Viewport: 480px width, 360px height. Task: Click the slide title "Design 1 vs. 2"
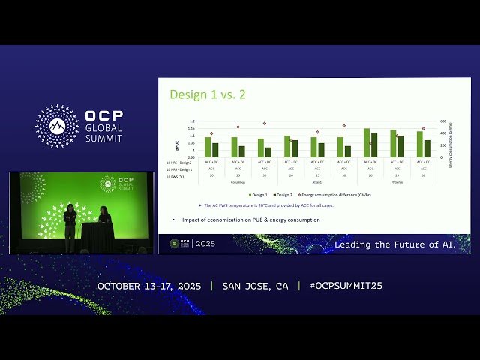[x=208, y=94]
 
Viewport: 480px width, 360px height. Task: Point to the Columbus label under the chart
[x=238, y=181]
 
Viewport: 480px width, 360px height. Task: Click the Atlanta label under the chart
[x=317, y=181]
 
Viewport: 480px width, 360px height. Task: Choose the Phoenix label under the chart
[x=397, y=181]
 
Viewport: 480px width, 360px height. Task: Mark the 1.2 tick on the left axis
[x=191, y=121]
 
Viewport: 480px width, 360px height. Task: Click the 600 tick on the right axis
[x=443, y=121]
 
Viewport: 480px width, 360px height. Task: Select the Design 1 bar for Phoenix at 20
[x=367, y=142]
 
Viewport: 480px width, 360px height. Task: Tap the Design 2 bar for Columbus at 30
[x=268, y=152]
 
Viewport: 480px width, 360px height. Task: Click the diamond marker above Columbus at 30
[x=265, y=124]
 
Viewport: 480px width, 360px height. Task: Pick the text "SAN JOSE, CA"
[x=255, y=286]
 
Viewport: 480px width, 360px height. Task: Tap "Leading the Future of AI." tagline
[x=400, y=244]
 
